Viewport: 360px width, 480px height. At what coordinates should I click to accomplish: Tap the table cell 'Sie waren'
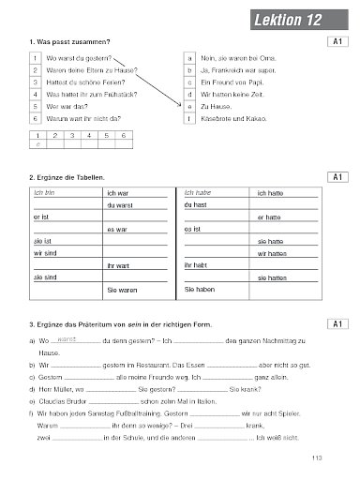pyautogui.click(x=122, y=291)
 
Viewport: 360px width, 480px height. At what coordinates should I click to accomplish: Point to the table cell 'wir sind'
pyautogui.click(x=44, y=253)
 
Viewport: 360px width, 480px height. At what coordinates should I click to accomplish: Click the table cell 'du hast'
pyautogui.click(x=196, y=204)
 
